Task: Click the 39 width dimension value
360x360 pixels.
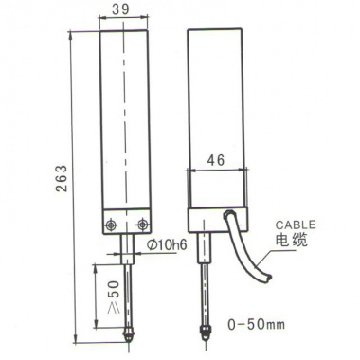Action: [x=121, y=9]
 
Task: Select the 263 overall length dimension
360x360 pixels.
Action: [x=62, y=178]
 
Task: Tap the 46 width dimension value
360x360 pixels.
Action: [x=216, y=160]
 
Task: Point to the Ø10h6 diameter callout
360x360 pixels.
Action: [x=168, y=244]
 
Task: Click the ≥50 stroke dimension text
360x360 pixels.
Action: [x=114, y=297]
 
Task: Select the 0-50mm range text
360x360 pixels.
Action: [x=257, y=324]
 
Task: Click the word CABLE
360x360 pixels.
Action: [x=296, y=225]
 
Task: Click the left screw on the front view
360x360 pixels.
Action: [x=110, y=225]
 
